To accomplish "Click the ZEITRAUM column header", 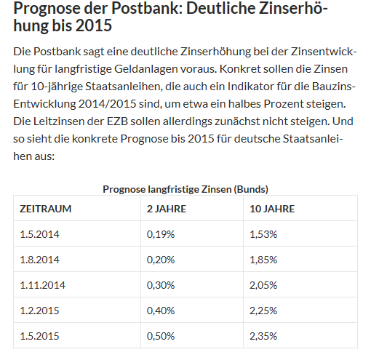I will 45,209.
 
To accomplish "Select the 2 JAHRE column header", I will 168,209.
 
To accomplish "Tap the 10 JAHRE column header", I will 273,209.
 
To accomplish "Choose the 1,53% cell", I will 263,235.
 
